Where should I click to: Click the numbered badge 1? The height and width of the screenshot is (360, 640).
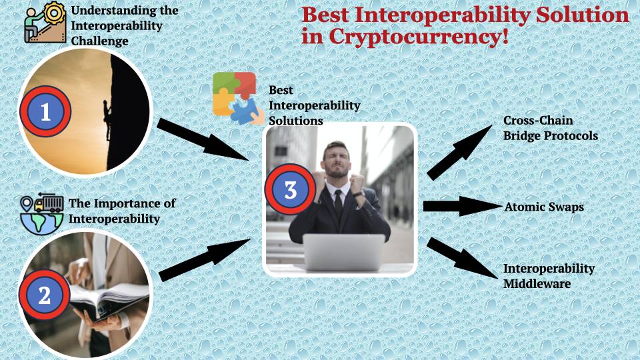[45, 111]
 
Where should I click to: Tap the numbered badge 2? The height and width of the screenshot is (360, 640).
[45, 295]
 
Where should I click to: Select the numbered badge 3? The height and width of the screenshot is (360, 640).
[290, 189]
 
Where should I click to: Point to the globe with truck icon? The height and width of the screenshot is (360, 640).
[41, 213]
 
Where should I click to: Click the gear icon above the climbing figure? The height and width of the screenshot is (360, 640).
[54, 13]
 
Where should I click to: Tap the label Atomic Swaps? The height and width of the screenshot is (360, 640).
[544, 207]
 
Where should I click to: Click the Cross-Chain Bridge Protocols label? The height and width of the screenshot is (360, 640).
[550, 128]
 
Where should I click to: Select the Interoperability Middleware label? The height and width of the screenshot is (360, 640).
[549, 276]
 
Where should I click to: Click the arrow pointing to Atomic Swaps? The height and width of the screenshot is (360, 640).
[463, 206]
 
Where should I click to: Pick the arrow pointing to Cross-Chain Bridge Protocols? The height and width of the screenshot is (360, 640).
[459, 152]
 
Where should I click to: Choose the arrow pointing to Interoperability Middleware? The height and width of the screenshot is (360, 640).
[462, 258]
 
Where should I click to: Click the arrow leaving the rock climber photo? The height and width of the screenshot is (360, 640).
[203, 139]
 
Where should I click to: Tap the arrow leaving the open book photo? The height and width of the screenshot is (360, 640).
[204, 260]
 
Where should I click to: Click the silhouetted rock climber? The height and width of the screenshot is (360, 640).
[107, 121]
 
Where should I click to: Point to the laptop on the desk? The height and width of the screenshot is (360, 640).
[344, 252]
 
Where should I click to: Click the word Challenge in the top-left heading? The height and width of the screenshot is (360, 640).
[99, 41]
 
